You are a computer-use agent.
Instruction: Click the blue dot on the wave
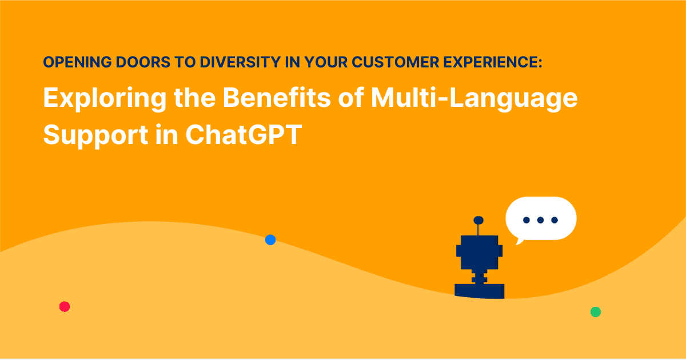pyautogui.click(x=270, y=240)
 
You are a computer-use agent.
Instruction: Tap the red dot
pyautogui.click(x=65, y=307)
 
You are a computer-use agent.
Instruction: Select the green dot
pyautogui.click(x=595, y=312)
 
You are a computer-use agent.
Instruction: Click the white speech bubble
pyautogui.click(x=541, y=218)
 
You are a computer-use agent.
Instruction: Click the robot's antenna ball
pyautogui.click(x=479, y=220)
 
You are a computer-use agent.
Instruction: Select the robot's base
pyautogui.click(x=479, y=290)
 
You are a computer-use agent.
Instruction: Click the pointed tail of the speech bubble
pyautogui.click(x=519, y=241)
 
